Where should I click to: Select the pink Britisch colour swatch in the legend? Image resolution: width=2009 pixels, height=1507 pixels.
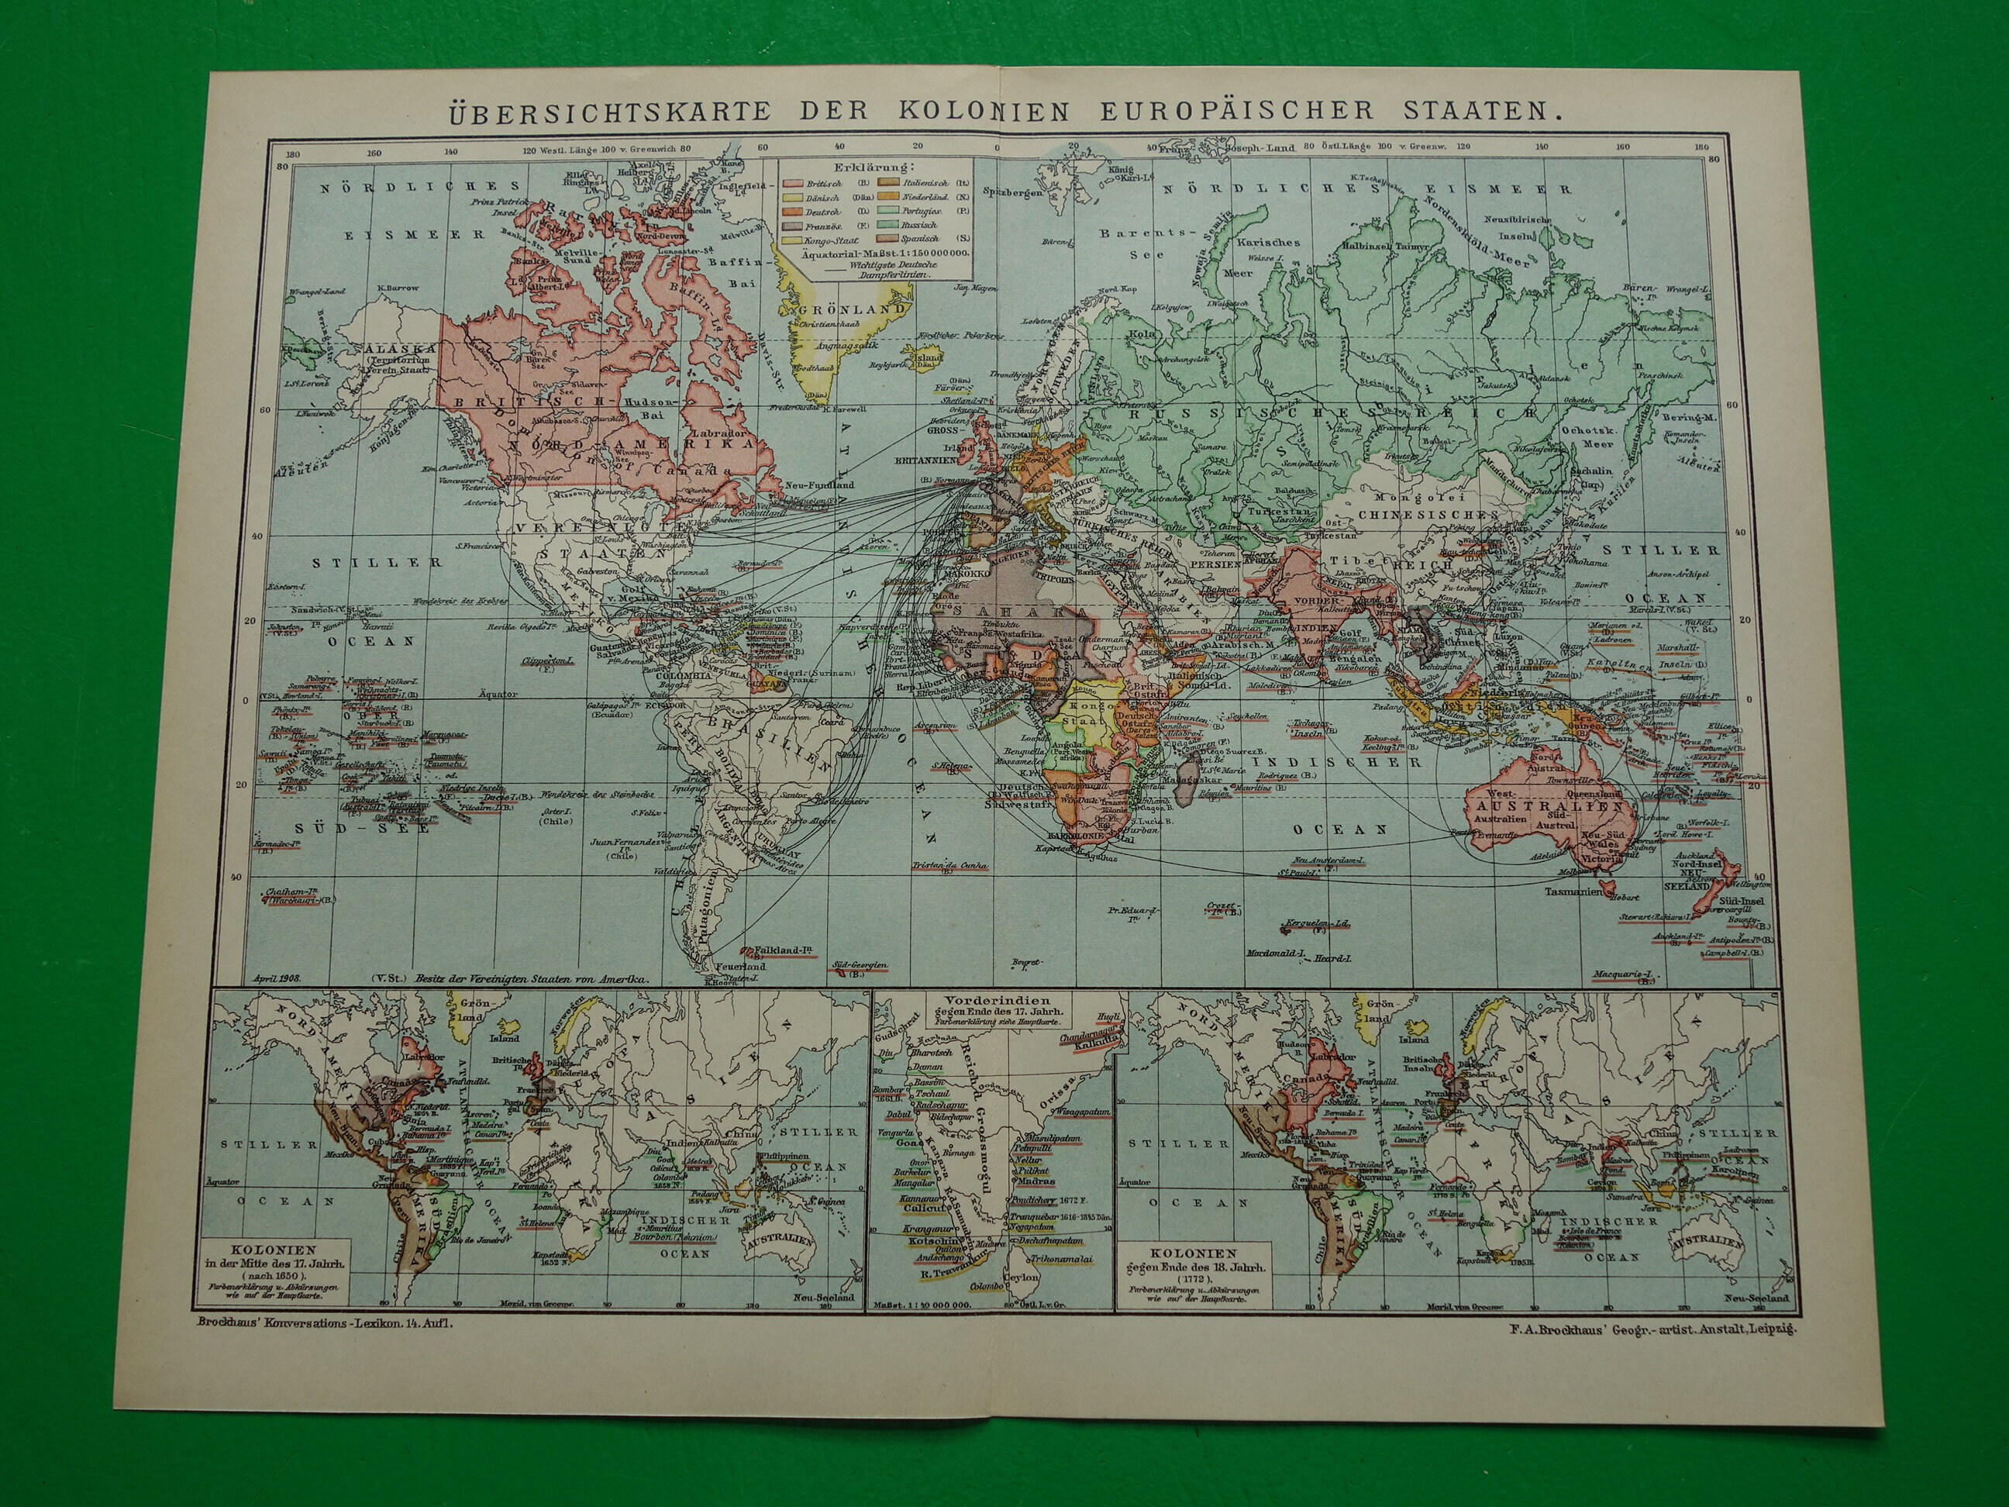(x=792, y=183)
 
